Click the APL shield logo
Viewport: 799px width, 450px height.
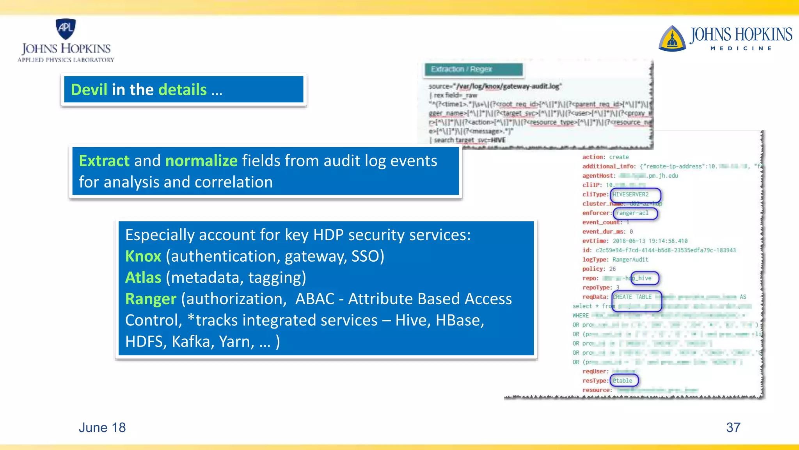(66, 29)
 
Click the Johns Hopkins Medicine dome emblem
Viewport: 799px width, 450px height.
(672, 39)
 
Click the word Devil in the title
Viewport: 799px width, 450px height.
(89, 90)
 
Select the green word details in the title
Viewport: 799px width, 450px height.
(183, 90)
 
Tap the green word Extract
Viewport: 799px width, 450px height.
(104, 161)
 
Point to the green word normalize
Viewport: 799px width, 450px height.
(201, 161)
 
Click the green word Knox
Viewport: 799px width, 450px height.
(143, 256)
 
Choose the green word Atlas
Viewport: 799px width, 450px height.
(143, 278)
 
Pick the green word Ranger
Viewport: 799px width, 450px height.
(151, 299)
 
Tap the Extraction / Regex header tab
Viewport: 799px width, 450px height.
(473, 70)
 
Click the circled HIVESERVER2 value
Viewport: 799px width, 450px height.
(630, 195)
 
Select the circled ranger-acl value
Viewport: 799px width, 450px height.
(632, 213)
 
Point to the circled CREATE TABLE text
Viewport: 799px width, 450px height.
(632, 297)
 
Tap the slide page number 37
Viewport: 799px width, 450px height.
(733, 428)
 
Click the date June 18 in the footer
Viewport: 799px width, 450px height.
(102, 428)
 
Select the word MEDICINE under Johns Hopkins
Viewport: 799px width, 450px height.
(740, 48)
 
